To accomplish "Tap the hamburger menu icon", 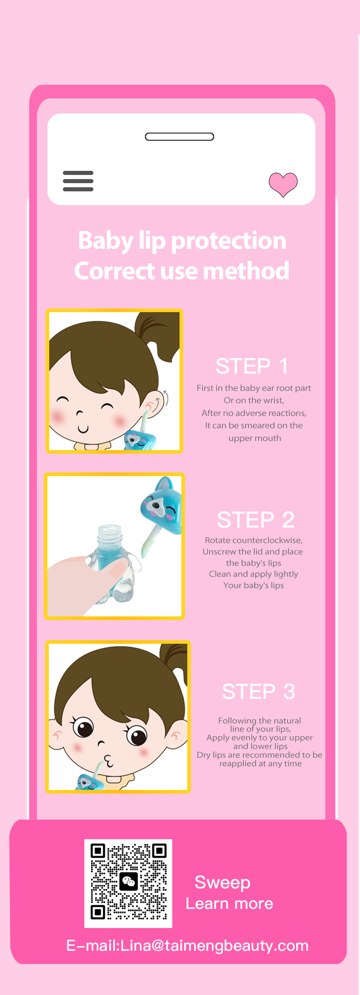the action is pos(78,181).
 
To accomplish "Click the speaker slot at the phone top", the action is pos(180,137).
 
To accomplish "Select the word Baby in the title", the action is pos(105,241).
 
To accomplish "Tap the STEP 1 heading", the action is pos(252,366).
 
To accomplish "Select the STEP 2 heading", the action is pos(256,520).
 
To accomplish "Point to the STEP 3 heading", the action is pos(258,692).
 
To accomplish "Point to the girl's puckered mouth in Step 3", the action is pos(108,759).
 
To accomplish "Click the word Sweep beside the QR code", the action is pos(222,883).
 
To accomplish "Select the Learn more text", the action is pos(229,903).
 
